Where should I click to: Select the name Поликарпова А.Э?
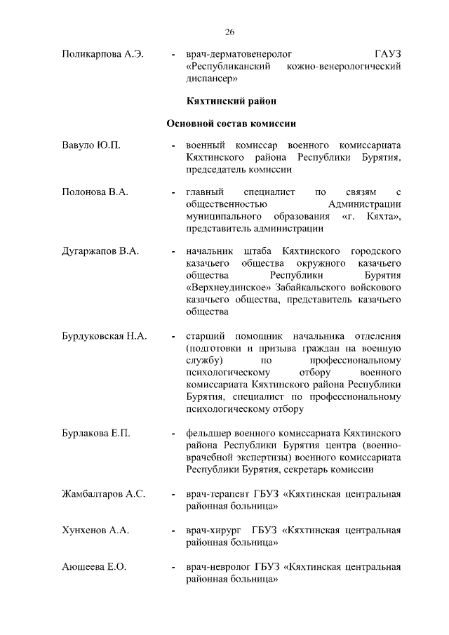(102, 55)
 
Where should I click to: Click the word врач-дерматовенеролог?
(239, 55)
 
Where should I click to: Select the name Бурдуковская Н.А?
(104, 336)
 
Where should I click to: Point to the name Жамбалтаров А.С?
(103, 494)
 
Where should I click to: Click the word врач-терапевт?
(215, 494)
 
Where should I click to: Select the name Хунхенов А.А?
(95, 530)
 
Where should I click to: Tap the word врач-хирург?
(213, 530)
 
